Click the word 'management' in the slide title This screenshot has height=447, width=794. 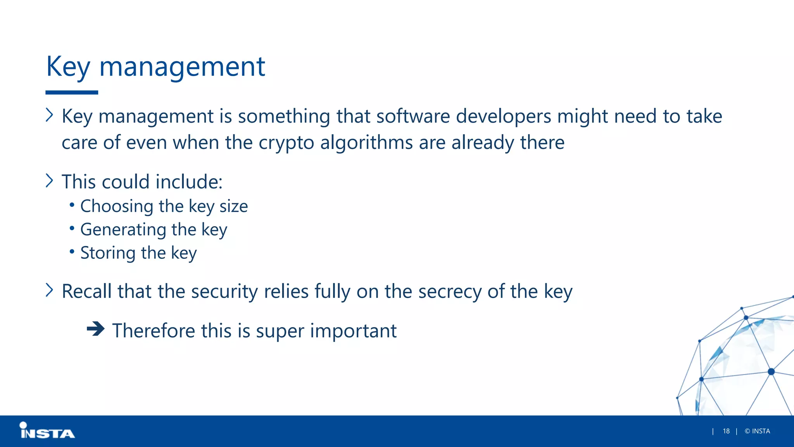(x=182, y=67)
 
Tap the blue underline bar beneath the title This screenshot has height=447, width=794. (x=72, y=92)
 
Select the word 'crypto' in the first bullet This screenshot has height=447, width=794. (x=286, y=143)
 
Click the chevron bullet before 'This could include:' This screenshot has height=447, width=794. (x=49, y=180)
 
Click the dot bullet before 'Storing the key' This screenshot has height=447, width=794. (x=72, y=252)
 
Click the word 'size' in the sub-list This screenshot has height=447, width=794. (x=234, y=206)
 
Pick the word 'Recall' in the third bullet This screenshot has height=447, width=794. (x=86, y=291)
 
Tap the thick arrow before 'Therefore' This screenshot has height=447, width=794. (x=95, y=329)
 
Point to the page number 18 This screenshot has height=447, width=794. (x=726, y=431)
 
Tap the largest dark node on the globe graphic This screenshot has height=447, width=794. (x=771, y=372)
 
